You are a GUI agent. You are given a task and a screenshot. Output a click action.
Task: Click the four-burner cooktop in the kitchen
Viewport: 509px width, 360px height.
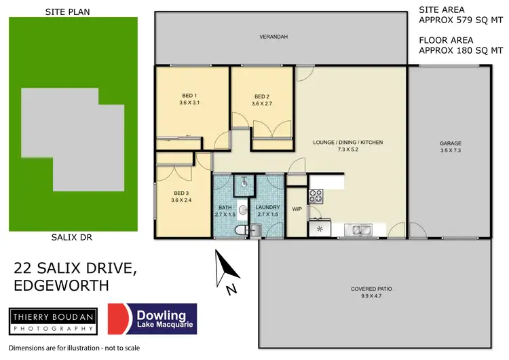coord(316,197)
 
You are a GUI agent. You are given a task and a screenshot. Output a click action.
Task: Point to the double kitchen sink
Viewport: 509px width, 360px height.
coord(357,230)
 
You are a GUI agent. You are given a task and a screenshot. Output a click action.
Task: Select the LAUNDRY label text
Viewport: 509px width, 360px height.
coord(267,207)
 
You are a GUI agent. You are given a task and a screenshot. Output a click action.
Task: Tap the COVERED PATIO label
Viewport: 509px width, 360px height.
coord(371,289)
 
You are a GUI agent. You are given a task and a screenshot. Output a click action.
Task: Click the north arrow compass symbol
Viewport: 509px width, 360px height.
coord(225,272)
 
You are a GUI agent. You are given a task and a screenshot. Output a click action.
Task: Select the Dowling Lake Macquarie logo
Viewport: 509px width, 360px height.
coord(154,319)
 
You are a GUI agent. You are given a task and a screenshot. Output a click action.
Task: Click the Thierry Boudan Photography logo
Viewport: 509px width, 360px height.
coord(51,320)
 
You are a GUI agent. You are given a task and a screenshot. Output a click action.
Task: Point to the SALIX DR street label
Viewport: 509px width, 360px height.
coord(71,238)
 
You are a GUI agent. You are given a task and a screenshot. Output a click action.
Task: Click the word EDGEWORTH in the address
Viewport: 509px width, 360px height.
coord(61,286)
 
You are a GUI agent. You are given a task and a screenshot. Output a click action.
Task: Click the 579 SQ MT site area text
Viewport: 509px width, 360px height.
coord(476,20)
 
